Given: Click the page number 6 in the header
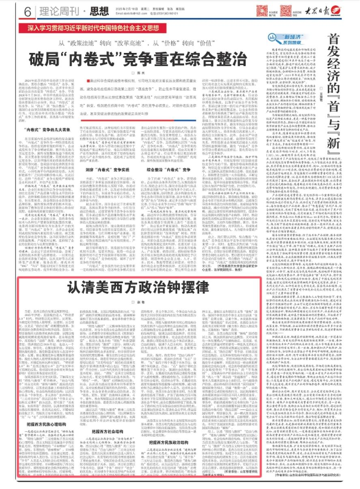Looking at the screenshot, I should tap(28, 13).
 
